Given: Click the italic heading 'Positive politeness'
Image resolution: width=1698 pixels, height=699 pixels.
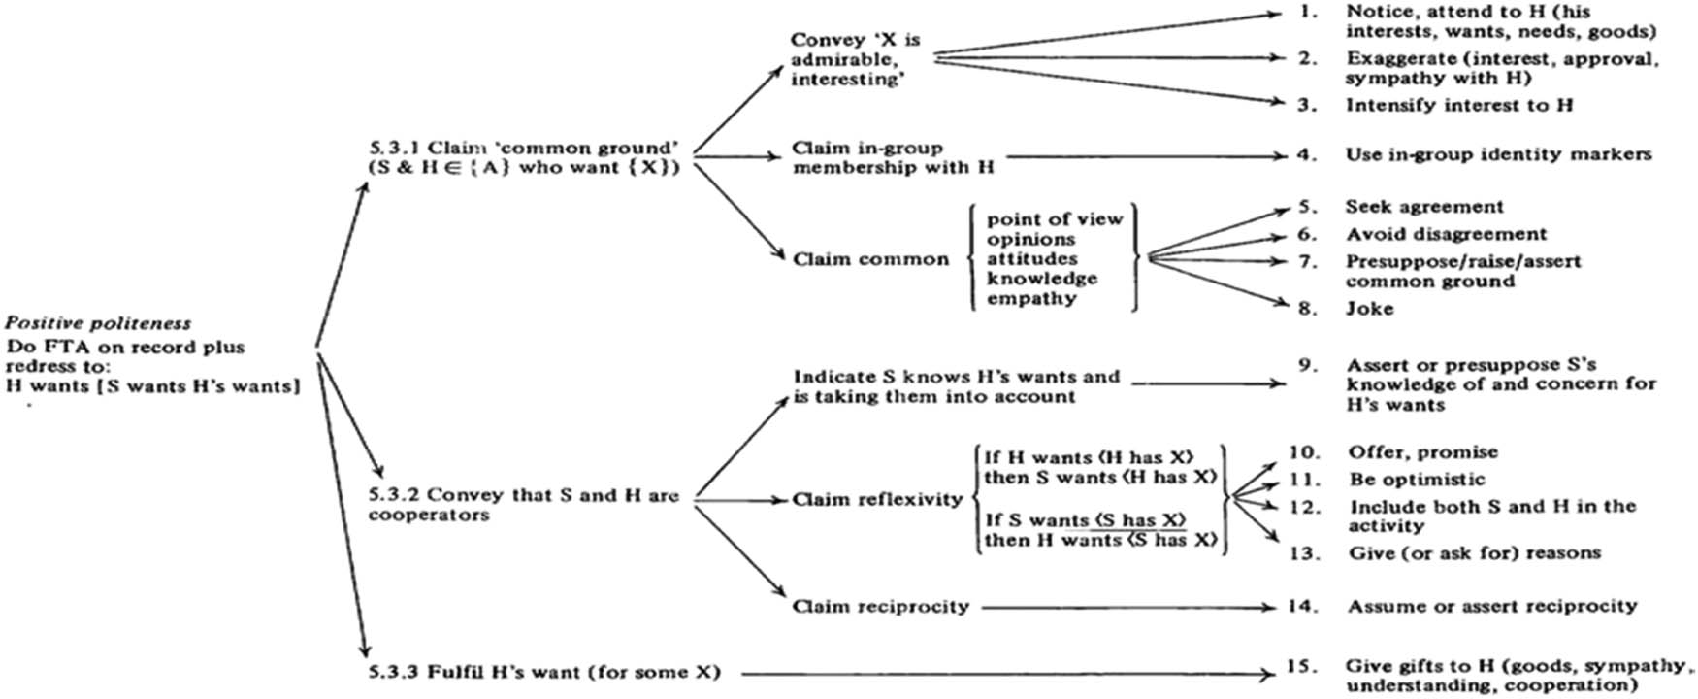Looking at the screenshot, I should pos(98,323).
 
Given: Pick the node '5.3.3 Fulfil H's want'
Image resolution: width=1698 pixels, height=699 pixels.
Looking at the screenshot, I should pos(543,672).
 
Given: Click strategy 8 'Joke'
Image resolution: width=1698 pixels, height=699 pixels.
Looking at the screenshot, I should pos(1369,309).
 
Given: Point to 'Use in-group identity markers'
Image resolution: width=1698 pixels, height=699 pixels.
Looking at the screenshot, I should pos(1497,154).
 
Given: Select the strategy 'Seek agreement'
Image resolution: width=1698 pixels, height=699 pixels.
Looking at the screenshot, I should pos(1423,207).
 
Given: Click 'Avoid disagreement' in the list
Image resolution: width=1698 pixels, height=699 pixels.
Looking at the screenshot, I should pos(1446,234).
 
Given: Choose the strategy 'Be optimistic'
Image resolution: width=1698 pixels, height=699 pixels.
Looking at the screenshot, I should pos(1417,479).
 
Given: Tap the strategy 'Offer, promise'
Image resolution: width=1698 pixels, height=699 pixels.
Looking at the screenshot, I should pos(1422,452).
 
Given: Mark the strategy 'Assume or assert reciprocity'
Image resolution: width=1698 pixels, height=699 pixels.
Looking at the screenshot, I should pos(1491,606).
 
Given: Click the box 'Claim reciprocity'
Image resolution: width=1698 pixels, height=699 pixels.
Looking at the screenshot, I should pos(880,607).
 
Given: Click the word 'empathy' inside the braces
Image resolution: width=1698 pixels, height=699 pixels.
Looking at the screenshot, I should pos(1031,298).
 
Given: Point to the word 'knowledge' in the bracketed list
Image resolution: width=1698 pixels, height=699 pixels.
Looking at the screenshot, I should pos(1042,279).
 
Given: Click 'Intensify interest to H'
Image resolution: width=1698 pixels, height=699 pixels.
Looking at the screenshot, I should pos(1458,105).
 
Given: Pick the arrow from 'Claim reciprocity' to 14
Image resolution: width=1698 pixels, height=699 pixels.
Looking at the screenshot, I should pos(1126,608).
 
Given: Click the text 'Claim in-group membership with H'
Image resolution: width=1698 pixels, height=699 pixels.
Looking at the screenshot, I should pos(893,157).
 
